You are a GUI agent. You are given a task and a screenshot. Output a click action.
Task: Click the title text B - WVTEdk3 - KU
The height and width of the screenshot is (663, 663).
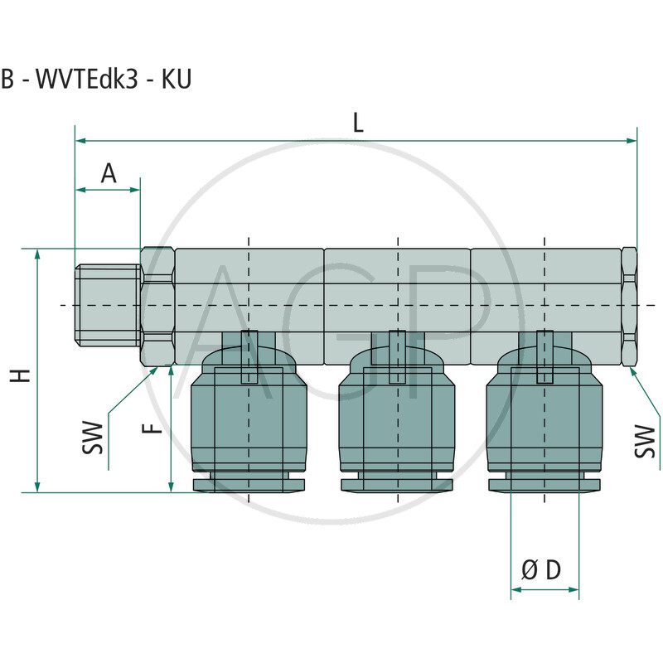click(96, 80)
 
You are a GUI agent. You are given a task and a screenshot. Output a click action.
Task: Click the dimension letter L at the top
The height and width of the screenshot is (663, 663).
click(358, 123)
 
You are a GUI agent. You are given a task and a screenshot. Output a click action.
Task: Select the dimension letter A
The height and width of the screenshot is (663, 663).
click(109, 173)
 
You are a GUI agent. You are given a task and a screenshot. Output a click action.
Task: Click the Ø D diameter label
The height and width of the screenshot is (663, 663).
click(541, 570)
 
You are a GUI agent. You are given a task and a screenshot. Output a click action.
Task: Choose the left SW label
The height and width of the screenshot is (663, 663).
click(97, 438)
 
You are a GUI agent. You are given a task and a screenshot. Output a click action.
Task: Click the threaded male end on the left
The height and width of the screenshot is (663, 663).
click(108, 305)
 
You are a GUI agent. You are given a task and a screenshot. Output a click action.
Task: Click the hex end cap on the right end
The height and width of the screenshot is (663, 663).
click(629, 306)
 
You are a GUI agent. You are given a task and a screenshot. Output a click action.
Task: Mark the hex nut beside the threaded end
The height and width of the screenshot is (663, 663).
click(157, 306)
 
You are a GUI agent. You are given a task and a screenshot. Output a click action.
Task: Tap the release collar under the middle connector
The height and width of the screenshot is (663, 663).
click(398, 483)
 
